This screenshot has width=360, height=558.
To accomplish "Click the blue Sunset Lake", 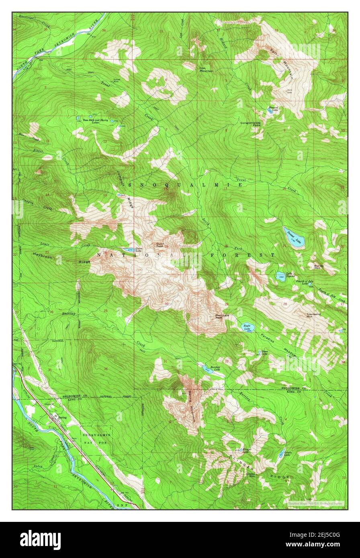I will click(x=294, y=237).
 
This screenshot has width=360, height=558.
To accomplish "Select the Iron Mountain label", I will click(x=206, y=69).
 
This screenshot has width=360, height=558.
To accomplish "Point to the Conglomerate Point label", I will click(x=251, y=124).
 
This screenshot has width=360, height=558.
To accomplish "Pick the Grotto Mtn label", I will click(x=253, y=475).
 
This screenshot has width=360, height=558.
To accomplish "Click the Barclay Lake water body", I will click(x=207, y=370).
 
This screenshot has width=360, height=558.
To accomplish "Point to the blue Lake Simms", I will click(x=280, y=276).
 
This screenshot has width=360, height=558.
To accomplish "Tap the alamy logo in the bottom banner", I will click(x=40, y=540).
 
